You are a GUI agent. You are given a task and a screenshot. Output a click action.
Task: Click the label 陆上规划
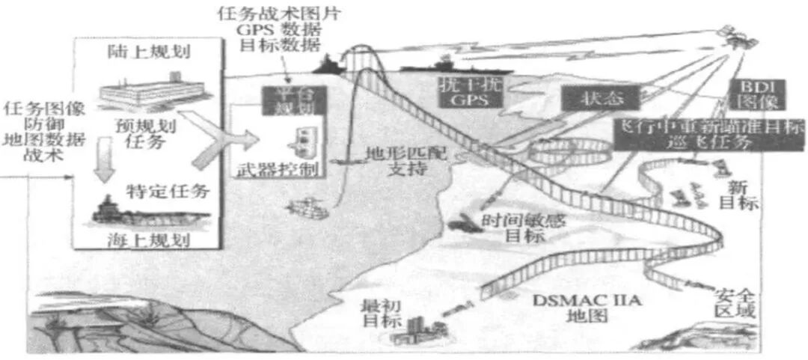(147, 53)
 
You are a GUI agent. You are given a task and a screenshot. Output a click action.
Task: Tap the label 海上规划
(147, 240)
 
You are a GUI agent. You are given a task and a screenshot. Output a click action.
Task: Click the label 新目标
(742, 192)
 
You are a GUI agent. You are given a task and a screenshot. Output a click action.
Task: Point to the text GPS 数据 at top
(267, 28)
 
